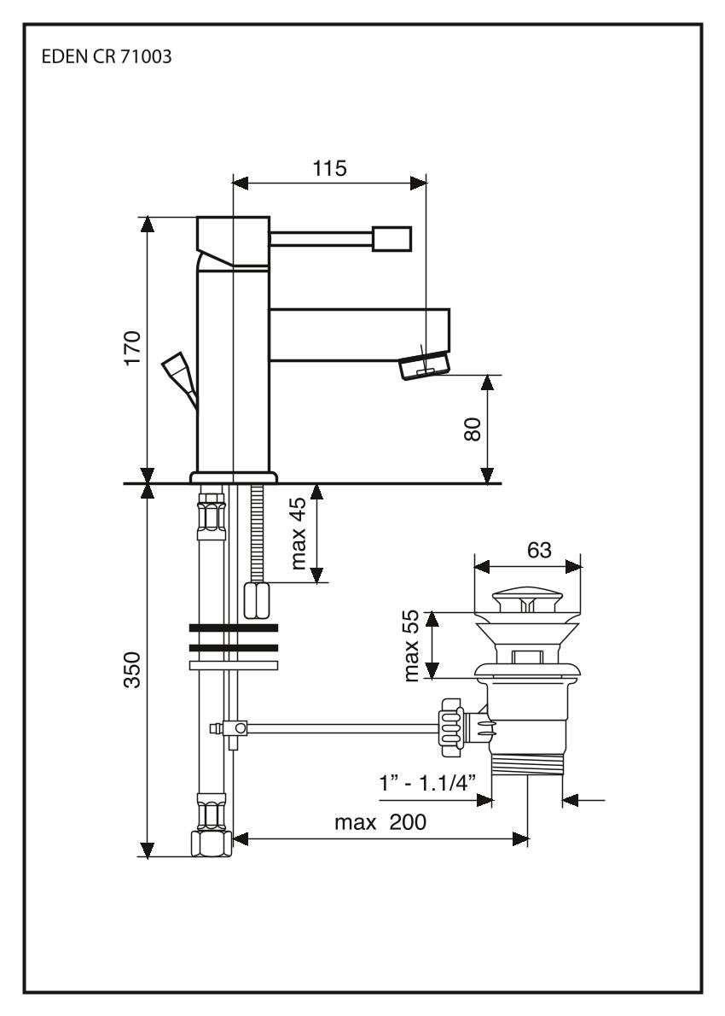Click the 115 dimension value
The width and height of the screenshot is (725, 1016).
point(330,168)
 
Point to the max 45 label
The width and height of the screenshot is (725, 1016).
point(299,536)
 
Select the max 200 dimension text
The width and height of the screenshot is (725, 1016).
point(380,823)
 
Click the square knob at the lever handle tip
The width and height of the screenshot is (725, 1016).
point(391,239)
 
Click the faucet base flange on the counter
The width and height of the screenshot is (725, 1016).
point(234,476)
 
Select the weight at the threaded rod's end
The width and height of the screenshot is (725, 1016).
point(257,599)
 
